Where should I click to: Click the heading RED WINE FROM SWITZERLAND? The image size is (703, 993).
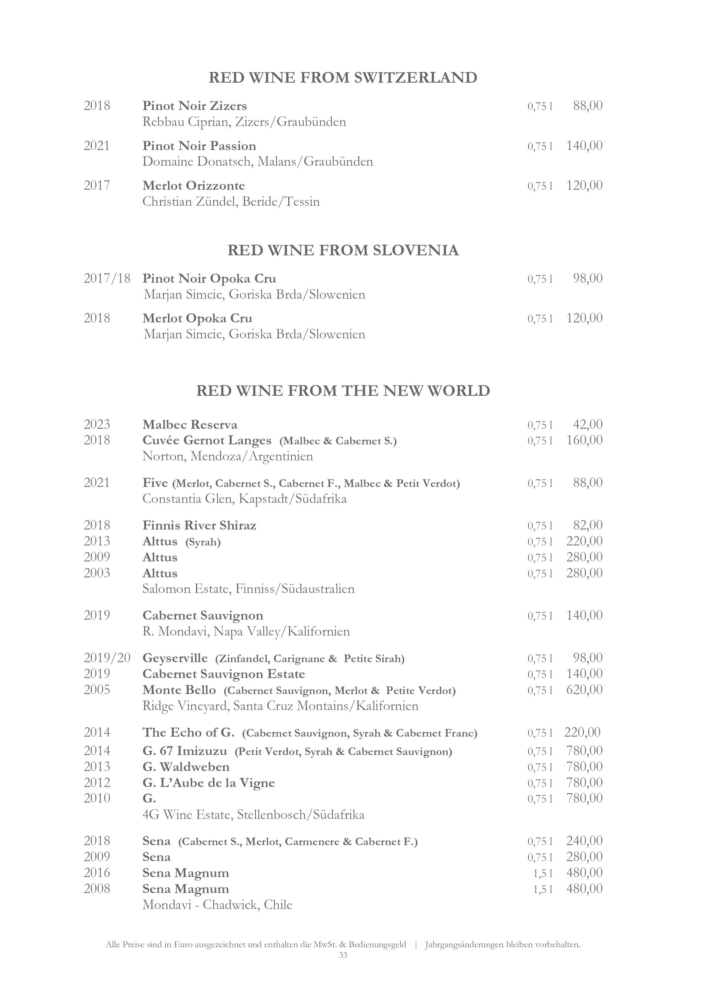coord(343,78)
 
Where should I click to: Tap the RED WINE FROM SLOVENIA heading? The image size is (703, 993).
coord(343,250)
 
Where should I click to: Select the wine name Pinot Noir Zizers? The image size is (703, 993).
coord(195,106)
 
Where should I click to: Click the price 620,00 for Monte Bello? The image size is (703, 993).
coord(584,690)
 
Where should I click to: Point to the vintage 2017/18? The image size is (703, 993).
coord(107,278)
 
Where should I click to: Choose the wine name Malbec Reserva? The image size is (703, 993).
coord(190,425)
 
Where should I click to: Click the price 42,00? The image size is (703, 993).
coord(587,425)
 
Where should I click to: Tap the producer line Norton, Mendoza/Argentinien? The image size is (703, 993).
coord(228,456)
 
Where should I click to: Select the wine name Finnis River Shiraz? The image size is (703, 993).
coord(200,526)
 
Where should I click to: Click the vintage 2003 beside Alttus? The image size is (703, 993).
coord(97,573)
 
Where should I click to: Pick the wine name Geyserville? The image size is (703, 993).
coord(175,658)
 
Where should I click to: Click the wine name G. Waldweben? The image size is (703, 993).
coord(186,767)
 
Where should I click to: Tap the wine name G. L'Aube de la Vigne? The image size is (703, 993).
coord(209,783)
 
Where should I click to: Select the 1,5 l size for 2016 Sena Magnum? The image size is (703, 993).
coord(543,873)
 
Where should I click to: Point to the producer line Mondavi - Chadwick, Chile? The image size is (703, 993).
coord(217,905)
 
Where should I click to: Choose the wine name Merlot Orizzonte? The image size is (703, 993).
coord(194,186)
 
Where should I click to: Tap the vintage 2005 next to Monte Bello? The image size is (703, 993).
coord(97,690)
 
